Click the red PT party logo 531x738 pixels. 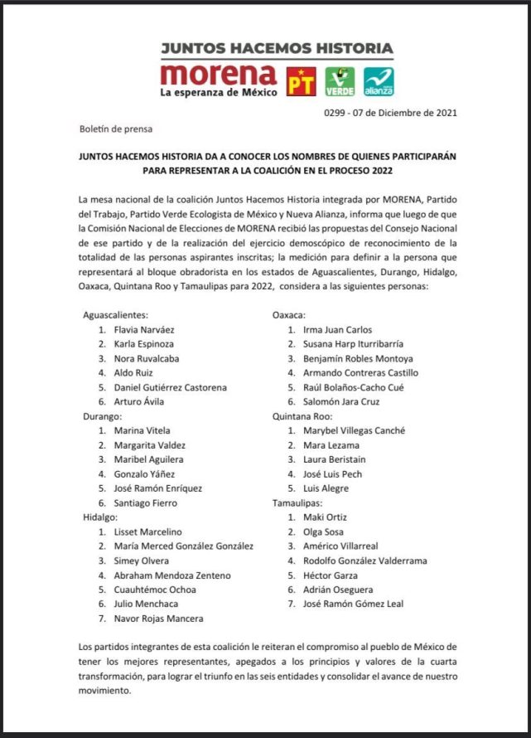pos(302,81)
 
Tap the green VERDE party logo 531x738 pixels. pos(340,81)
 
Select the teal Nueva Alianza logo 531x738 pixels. pos(379,81)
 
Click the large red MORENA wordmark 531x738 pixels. pos(219,75)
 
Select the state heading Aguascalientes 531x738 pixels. pos(115,315)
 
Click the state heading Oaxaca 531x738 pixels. pos(290,315)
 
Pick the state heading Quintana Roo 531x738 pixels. pos(303,416)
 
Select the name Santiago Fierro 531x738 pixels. pos(145,503)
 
